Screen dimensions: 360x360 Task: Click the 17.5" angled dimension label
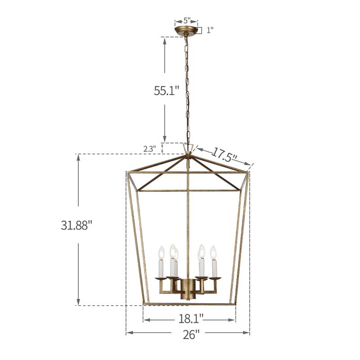tap(225, 156)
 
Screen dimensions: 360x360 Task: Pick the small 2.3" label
tap(150, 148)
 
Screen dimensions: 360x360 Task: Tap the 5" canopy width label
tap(186, 21)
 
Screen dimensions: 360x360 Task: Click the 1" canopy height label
tap(210, 31)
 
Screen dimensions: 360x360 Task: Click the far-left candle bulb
tap(161, 253)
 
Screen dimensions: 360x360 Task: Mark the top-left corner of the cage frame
tap(128, 172)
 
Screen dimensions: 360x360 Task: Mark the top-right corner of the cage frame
tap(248, 172)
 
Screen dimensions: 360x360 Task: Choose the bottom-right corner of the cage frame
tap(234, 304)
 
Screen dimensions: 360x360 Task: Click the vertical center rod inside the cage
tap(188, 216)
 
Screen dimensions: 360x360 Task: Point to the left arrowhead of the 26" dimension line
tap(128, 333)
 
